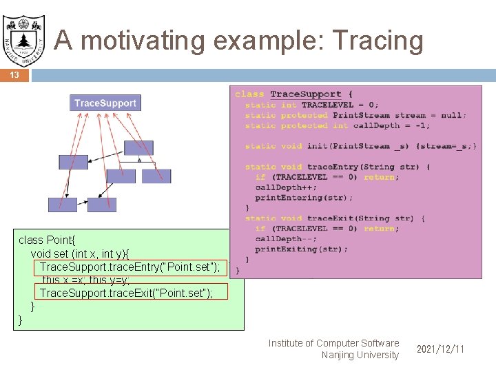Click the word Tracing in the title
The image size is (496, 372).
pos(378,41)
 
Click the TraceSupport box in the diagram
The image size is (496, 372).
pos(105,103)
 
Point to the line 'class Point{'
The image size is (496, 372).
pos(46,240)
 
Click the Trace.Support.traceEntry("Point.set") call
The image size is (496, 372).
pos(130,267)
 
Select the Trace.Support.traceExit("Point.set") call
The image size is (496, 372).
pos(125,293)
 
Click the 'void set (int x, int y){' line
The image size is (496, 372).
pos(89,254)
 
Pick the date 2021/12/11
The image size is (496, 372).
pos(440,349)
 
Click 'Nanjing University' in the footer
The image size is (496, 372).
pos(360,355)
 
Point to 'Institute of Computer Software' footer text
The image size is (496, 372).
pos(333,343)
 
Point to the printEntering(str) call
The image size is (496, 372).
pos(304,198)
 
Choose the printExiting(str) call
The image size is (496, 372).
pos(301,249)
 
